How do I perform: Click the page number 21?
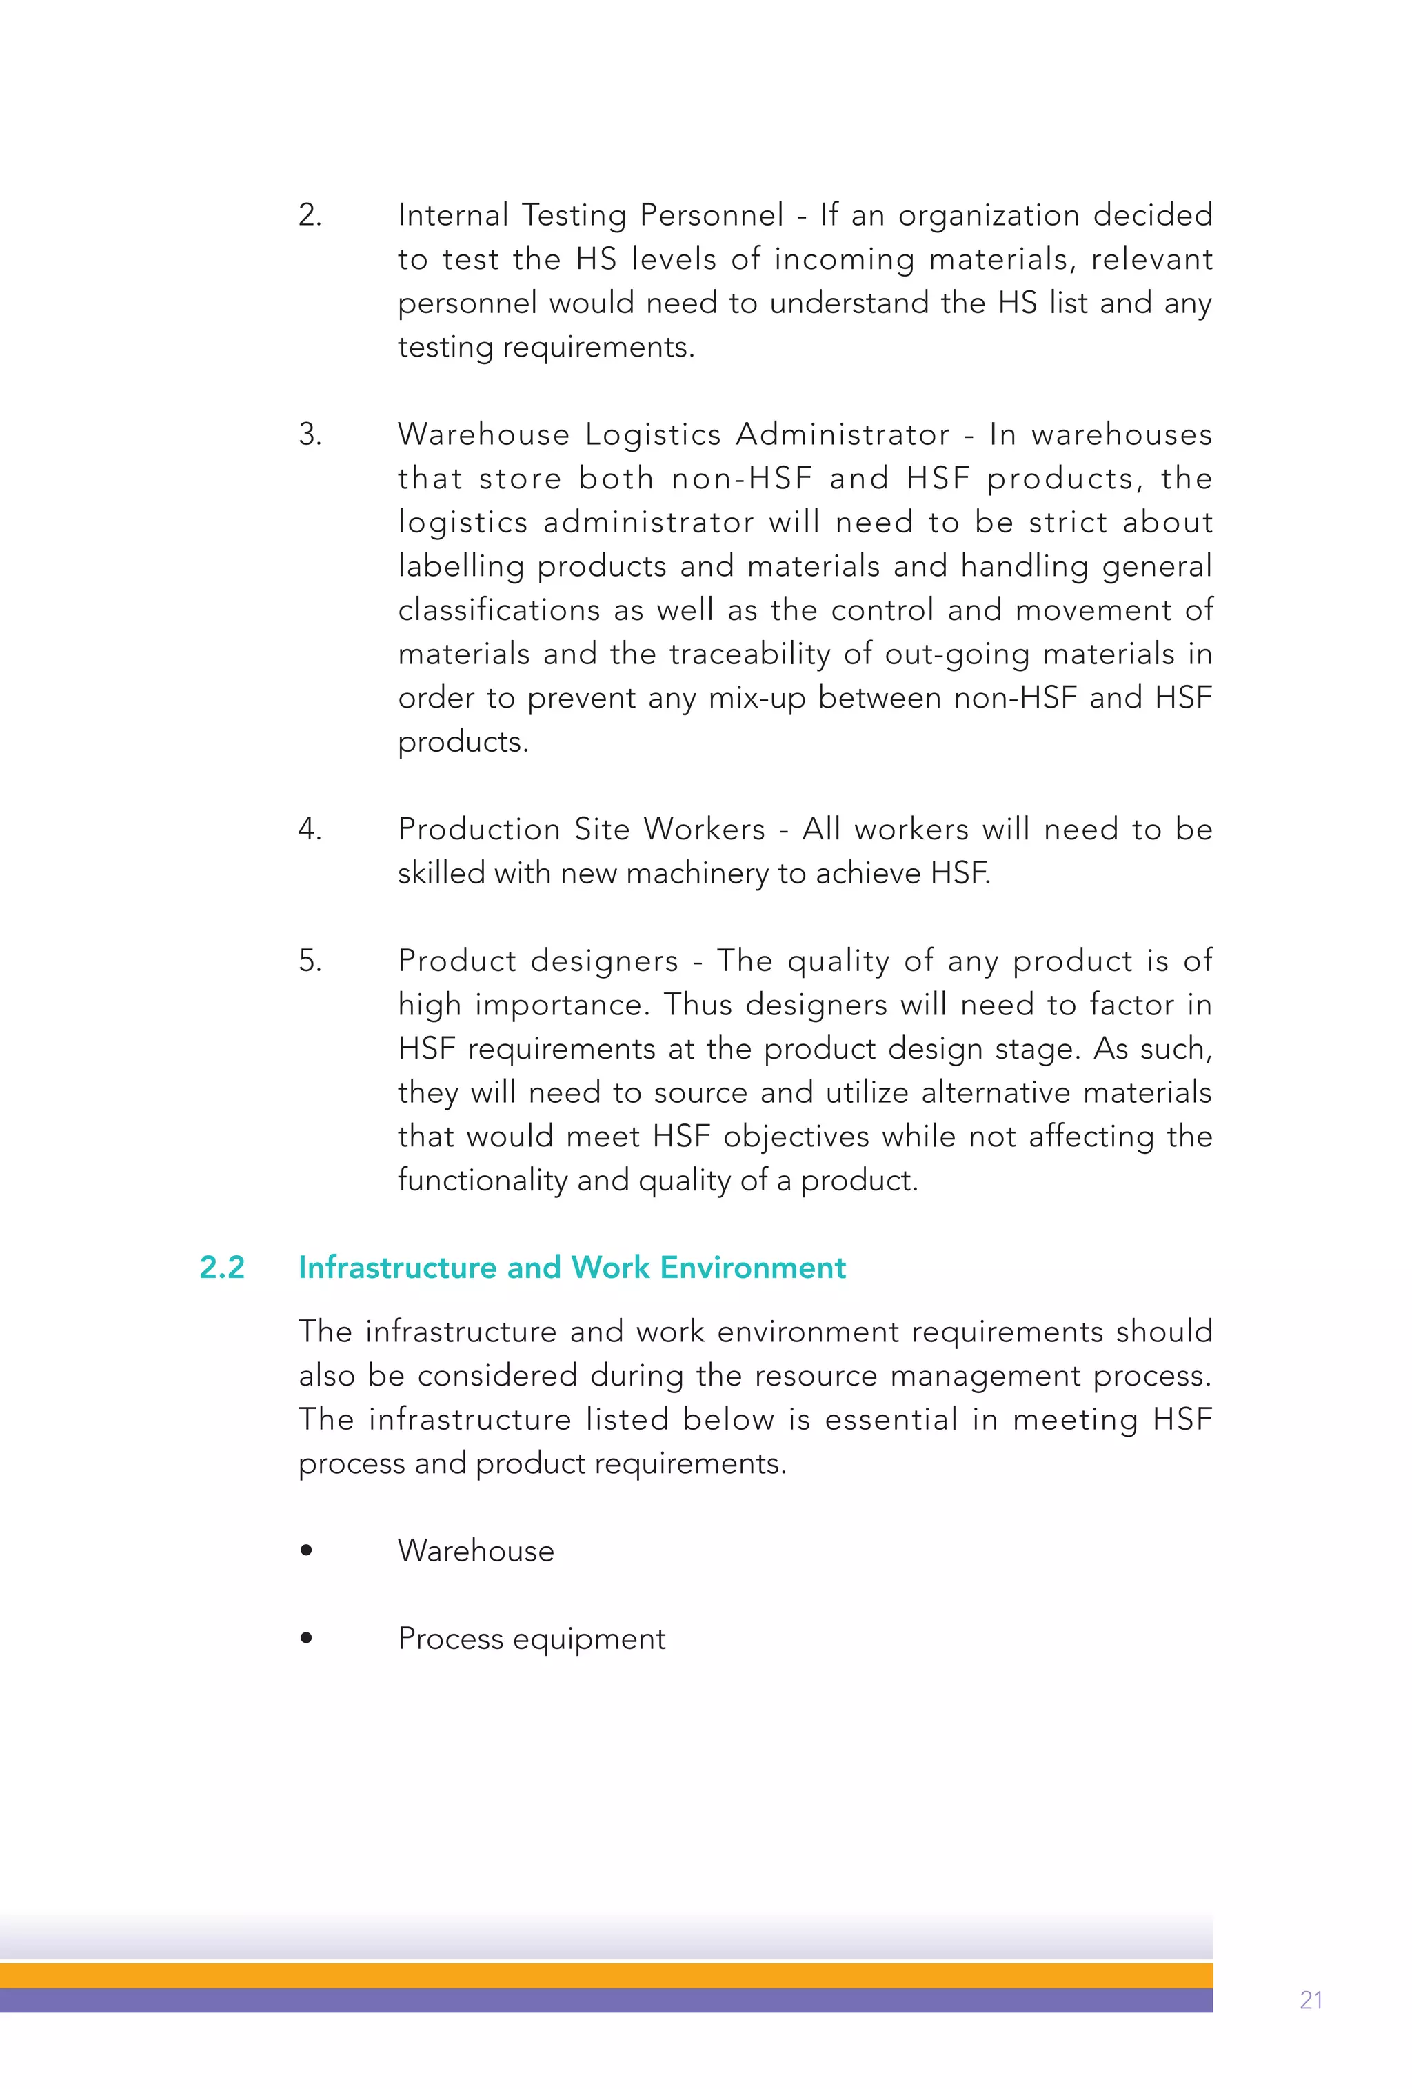tap(1311, 2000)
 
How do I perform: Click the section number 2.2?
tap(222, 1268)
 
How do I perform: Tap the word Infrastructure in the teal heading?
tap(397, 1268)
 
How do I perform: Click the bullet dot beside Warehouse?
tap(307, 1550)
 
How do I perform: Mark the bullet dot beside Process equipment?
tap(307, 1638)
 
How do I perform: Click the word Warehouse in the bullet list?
tap(476, 1550)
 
